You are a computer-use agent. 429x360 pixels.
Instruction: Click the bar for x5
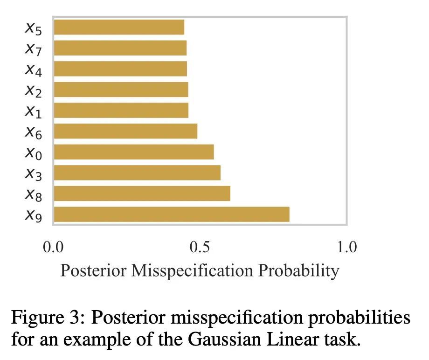[119, 27]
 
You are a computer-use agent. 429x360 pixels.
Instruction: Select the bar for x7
[120, 48]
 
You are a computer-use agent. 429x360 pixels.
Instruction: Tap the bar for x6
[125, 132]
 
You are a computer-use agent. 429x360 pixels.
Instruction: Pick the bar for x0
[134, 152]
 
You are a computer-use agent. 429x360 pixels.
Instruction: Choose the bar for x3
[137, 173]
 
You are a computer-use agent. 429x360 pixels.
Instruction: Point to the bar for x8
[142, 194]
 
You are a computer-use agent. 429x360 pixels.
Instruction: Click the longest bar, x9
[172, 215]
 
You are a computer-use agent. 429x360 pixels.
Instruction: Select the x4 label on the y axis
[34, 70]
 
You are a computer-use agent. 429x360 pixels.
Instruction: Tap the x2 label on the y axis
[34, 90]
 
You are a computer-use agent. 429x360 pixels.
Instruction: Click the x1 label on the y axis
[34, 111]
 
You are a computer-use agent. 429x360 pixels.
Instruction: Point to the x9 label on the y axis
[34, 215]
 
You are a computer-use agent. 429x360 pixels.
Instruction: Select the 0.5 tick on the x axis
[200, 246]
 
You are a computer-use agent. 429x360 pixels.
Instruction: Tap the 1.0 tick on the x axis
[346, 246]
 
